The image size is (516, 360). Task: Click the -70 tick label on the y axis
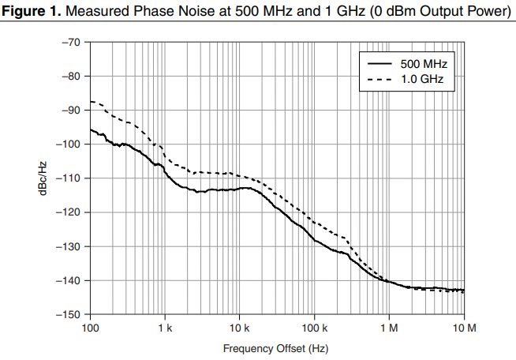point(70,42)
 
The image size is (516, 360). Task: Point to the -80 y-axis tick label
point(70,76)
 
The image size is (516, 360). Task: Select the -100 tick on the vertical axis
point(68,144)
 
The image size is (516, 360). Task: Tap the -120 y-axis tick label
point(68,212)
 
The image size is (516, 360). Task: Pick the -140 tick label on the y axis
point(68,280)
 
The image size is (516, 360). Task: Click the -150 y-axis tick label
point(68,315)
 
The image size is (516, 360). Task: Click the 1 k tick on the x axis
point(165,328)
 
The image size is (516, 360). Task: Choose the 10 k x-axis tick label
point(240,328)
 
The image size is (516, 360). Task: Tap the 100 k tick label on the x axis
point(315,328)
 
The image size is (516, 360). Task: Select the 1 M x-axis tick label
point(389,328)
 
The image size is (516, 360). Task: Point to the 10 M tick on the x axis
point(464,328)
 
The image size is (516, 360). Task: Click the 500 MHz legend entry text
point(428,63)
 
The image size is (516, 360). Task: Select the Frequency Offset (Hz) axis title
point(275,347)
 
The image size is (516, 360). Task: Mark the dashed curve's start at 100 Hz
point(91,101)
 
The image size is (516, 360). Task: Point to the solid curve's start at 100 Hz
point(91,129)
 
